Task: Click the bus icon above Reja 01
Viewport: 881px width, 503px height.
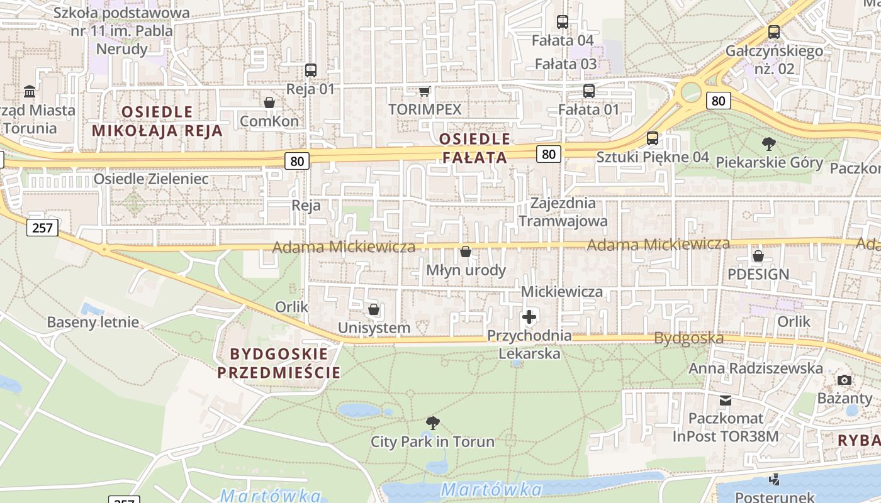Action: pyautogui.click(x=310, y=70)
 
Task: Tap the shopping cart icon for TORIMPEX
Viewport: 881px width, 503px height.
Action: pyautogui.click(x=425, y=91)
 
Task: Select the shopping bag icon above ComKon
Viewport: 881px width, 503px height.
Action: pyautogui.click(x=269, y=102)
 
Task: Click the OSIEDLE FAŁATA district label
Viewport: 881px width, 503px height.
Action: pyautogui.click(x=474, y=148)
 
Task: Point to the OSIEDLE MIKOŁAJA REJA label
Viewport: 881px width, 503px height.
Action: pyautogui.click(x=157, y=121)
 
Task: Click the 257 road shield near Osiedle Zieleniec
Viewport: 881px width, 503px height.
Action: pyautogui.click(x=42, y=227)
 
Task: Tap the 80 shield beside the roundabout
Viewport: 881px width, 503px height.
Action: pyautogui.click(x=718, y=100)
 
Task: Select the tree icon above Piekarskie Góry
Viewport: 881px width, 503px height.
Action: pyautogui.click(x=768, y=144)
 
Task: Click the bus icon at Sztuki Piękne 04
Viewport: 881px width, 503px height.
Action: pyautogui.click(x=653, y=138)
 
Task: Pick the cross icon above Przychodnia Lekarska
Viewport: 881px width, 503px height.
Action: pyautogui.click(x=529, y=316)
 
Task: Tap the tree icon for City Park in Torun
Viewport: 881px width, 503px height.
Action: pyautogui.click(x=432, y=423)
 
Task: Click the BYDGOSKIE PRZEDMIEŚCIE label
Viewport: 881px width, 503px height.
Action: pyautogui.click(x=279, y=362)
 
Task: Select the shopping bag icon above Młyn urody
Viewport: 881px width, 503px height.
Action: pyautogui.click(x=466, y=252)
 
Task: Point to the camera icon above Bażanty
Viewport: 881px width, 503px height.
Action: pyautogui.click(x=845, y=380)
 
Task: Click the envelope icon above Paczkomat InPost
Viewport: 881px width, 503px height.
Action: pyautogui.click(x=726, y=400)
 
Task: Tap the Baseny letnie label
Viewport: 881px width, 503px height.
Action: pyautogui.click(x=93, y=323)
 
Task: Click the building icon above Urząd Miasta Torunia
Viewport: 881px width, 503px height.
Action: pyautogui.click(x=30, y=92)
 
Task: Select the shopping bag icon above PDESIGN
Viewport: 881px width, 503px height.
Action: pyautogui.click(x=758, y=256)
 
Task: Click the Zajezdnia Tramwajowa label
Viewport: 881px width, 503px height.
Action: pyautogui.click(x=563, y=212)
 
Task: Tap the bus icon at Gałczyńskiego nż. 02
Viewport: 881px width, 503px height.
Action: pyautogui.click(x=774, y=32)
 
